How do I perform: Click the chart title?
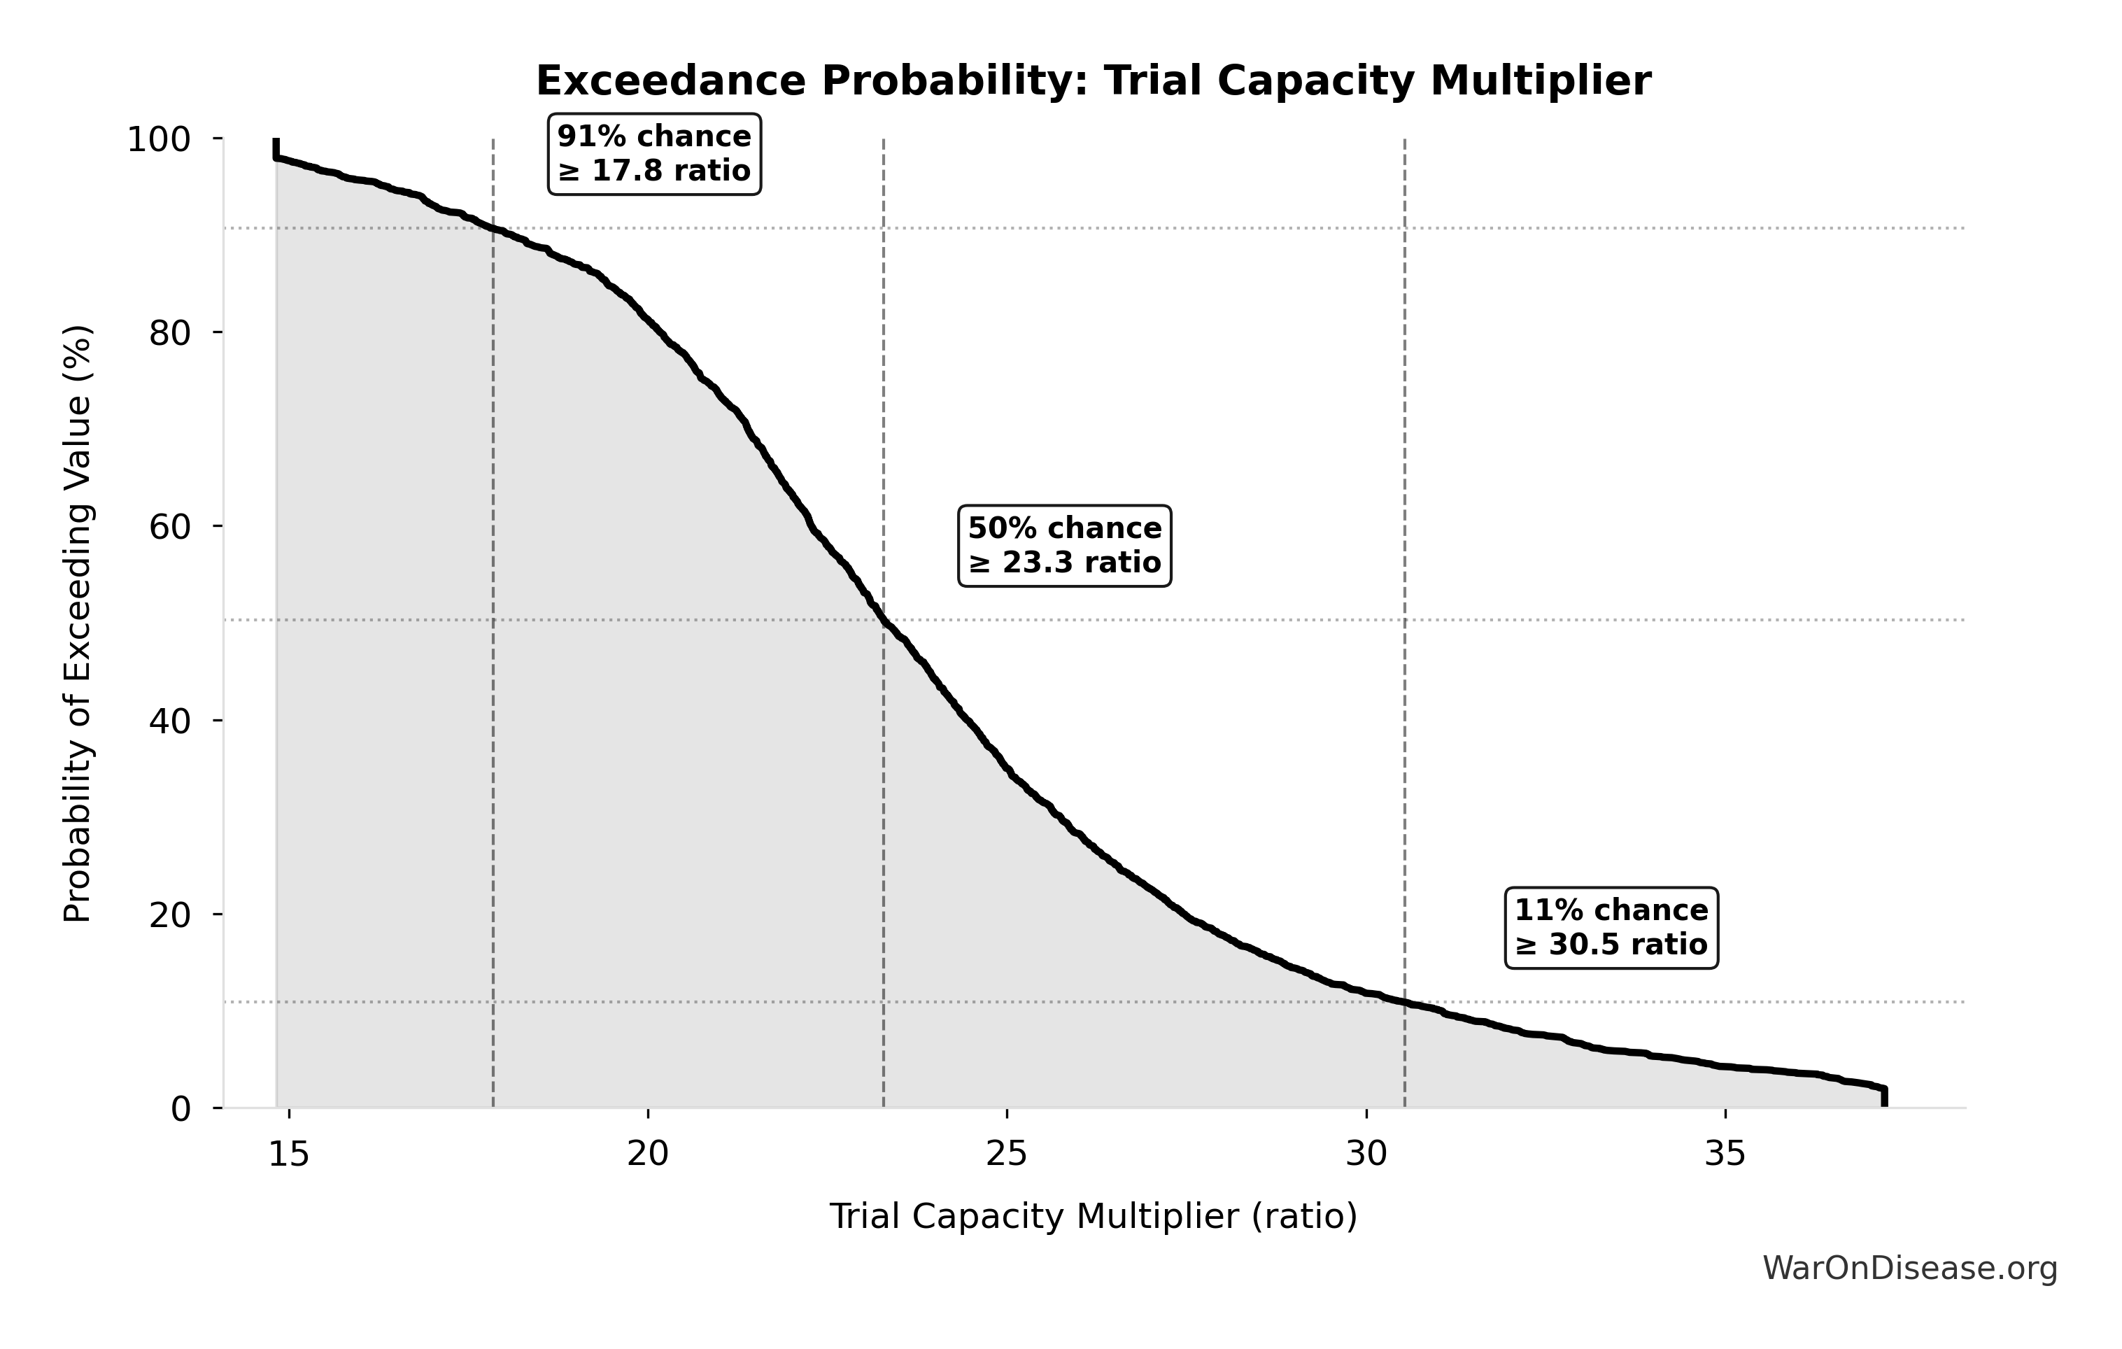pyautogui.click(x=1093, y=82)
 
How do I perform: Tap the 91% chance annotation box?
pyautogui.click(x=654, y=154)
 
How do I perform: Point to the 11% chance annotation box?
pyautogui.click(x=1611, y=928)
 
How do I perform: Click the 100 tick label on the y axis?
pyautogui.click(x=159, y=139)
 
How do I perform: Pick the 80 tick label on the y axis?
pyautogui.click(x=169, y=333)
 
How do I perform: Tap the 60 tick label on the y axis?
pyautogui.click(x=169, y=527)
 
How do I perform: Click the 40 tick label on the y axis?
pyautogui.click(x=169, y=721)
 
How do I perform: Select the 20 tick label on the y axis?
pyautogui.click(x=169, y=914)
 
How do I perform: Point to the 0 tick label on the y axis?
pyautogui.click(x=181, y=1109)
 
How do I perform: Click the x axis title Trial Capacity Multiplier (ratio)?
pyautogui.click(x=1093, y=1217)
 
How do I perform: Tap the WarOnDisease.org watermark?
pyautogui.click(x=1909, y=1269)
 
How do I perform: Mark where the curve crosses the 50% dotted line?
pyautogui.click(x=884, y=621)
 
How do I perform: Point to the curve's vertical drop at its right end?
pyautogui.click(x=1884, y=1098)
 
